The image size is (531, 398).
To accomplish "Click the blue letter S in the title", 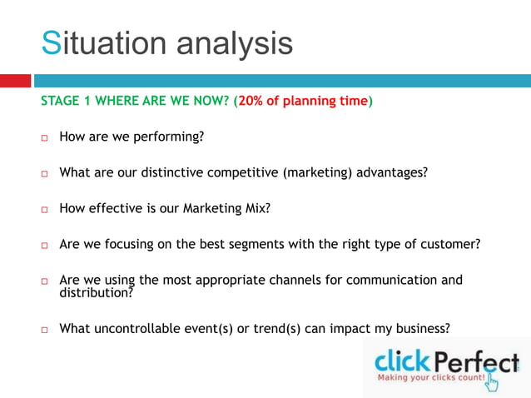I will point(52,42).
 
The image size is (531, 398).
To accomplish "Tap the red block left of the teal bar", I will point(15,81).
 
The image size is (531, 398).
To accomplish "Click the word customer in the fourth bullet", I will point(451,245).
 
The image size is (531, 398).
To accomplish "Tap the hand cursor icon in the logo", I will point(493,381).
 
